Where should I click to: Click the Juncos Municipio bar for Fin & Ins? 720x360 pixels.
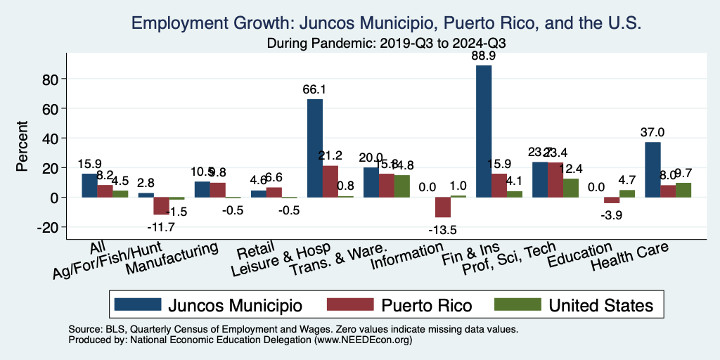484,131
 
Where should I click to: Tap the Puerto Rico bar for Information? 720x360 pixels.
443,207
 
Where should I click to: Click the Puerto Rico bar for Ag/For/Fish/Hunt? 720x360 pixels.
162,206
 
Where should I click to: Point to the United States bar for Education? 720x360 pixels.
627,193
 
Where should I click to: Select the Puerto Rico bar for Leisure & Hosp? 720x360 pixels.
330,181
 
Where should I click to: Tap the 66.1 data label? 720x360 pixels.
314,90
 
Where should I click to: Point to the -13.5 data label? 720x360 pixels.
443,228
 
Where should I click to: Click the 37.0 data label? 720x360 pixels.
652,132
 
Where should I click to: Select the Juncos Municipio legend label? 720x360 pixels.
235,305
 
